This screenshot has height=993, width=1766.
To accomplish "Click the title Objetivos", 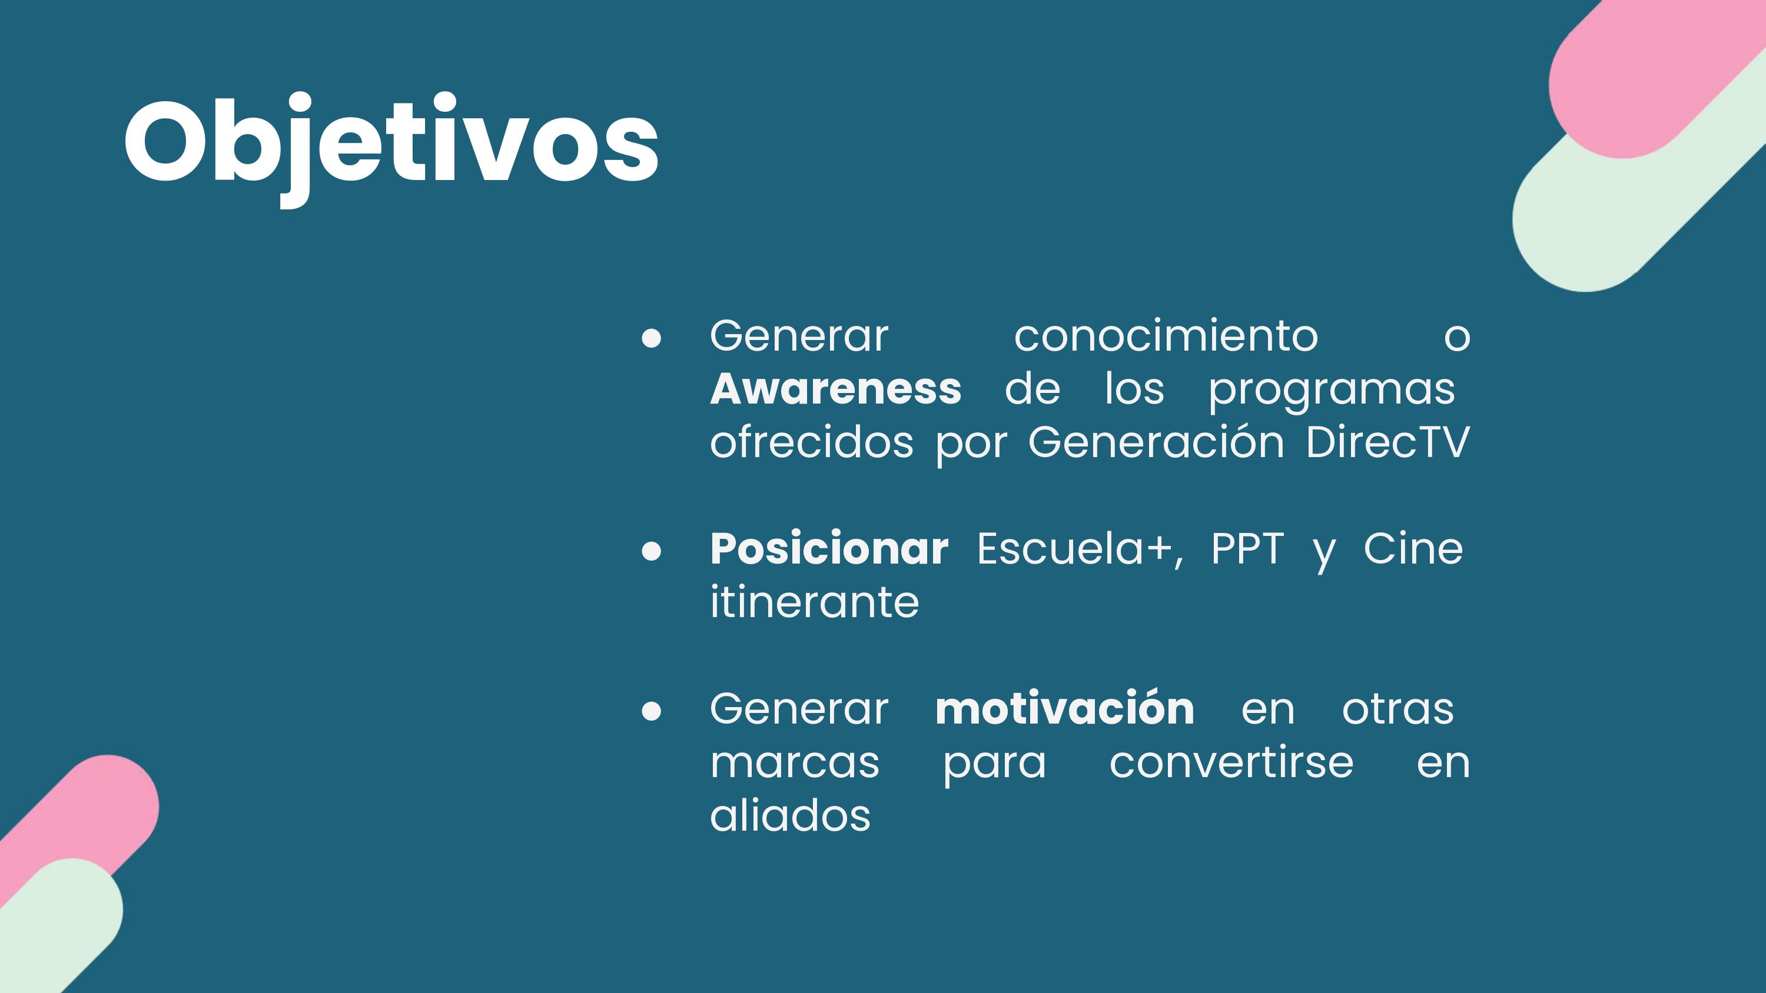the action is (391, 148).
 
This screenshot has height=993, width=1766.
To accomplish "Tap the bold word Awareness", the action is (836, 389).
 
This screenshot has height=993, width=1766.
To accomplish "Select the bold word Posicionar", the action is (829, 549).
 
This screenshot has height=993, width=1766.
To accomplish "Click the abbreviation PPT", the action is (1247, 549).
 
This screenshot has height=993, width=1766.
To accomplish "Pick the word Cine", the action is (1413, 549).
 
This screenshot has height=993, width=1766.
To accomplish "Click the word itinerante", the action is (815, 602).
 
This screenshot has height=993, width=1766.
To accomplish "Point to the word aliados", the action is (791, 815).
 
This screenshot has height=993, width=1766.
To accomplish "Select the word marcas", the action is (795, 764).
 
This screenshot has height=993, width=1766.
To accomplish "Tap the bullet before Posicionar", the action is (651, 552).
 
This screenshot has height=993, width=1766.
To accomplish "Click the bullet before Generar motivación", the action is (651, 711).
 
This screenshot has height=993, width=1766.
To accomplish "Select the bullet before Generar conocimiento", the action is (651, 338).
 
